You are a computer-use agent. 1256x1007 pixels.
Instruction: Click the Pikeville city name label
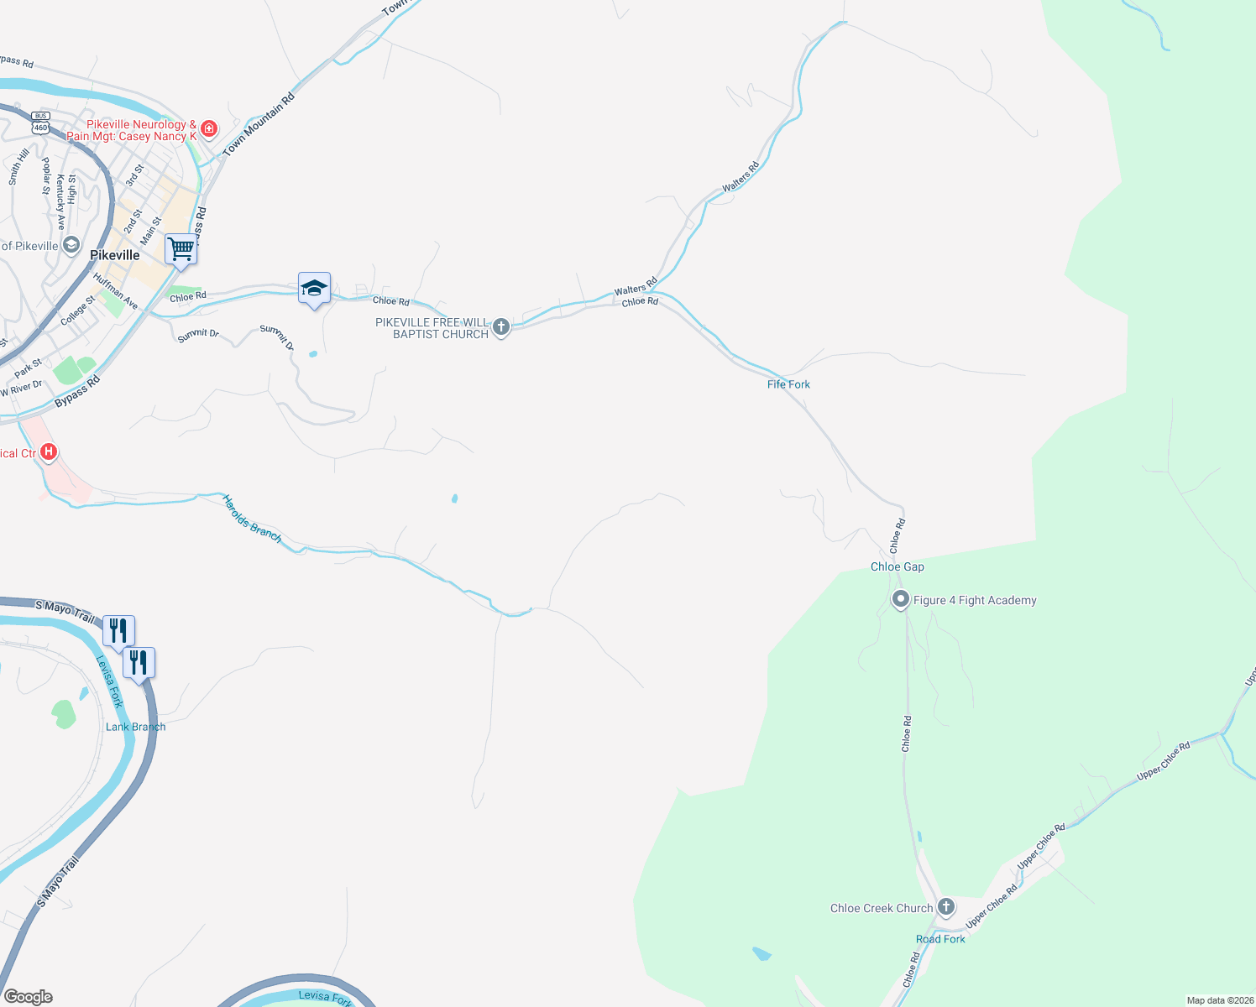[x=114, y=255]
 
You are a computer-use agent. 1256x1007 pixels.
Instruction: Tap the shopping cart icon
[x=181, y=248]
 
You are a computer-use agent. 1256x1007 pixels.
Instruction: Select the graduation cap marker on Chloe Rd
[x=314, y=288]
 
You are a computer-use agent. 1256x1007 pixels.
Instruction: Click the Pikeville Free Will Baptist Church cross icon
[x=501, y=327]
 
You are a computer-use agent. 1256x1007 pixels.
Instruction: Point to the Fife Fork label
[x=788, y=384]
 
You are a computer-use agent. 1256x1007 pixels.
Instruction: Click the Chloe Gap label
[x=897, y=566]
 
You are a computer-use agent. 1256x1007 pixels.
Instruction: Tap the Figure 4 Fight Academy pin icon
[x=901, y=600]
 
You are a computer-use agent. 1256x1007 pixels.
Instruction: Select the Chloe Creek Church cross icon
[x=946, y=907]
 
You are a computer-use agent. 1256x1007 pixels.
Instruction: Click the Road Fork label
[x=940, y=939]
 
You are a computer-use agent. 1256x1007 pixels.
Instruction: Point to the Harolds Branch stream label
[x=252, y=519]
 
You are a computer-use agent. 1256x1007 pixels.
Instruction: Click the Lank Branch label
[x=135, y=727]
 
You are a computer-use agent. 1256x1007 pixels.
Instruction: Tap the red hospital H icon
[x=49, y=453]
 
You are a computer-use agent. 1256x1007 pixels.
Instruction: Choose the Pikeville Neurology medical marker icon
[x=209, y=129]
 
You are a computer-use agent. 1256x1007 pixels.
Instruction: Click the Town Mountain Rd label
[x=259, y=125]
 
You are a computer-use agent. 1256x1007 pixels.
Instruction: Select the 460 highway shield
[x=40, y=127]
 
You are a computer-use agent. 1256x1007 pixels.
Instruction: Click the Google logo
[x=28, y=997]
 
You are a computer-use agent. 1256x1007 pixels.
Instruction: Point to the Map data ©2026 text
[x=1219, y=1000]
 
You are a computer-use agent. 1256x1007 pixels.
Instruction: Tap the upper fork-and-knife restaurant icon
[x=118, y=630]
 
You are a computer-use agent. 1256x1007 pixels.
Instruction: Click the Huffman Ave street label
[x=116, y=290]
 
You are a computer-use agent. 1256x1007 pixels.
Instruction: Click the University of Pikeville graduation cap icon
[x=72, y=246]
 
